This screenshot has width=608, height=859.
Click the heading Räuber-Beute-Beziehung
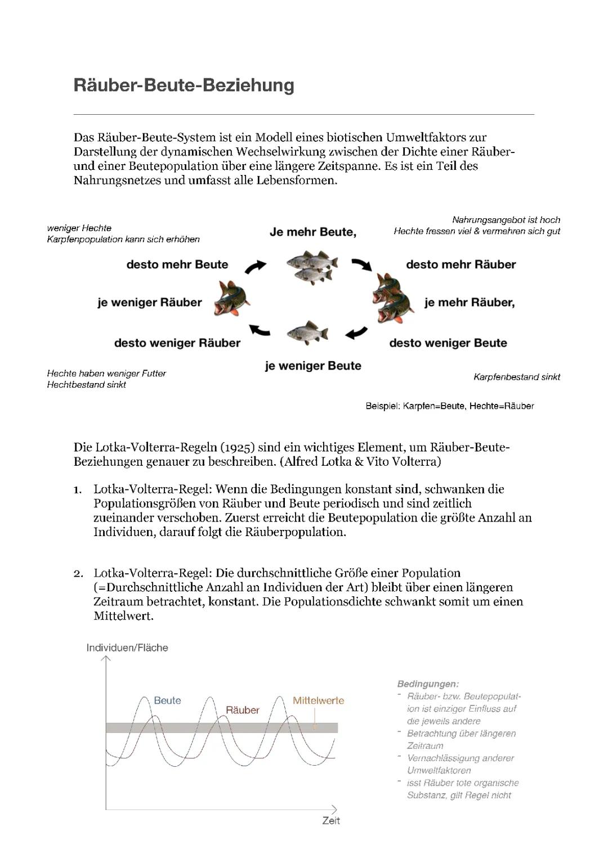pyautogui.click(x=184, y=86)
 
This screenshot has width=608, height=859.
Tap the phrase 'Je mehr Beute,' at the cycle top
pyautogui.click(x=312, y=232)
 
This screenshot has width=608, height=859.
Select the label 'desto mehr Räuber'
pyautogui.click(x=461, y=264)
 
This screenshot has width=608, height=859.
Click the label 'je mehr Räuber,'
pyautogui.click(x=470, y=303)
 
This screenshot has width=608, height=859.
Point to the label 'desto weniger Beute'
pyautogui.click(x=448, y=343)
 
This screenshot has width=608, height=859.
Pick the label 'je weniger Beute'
pyautogui.click(x=313, y=366)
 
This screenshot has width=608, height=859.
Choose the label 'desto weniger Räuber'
pyautogui.click(x=177, y=343)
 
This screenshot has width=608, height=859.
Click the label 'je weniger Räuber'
pyautogui.click(x=149, y=303)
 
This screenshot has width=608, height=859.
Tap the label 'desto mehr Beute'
pyautogui.click(x=177, y=264)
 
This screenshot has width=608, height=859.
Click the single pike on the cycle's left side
pyautogui.click(x=231, y=299)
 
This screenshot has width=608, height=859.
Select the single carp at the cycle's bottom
pyautogui.click(x=307, y=333)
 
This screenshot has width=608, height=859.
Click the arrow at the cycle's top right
pyautogui.click(x=361, y=264)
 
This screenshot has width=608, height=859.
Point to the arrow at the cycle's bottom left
pyautogui.click(x=260, y=331)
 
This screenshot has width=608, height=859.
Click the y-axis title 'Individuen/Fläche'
pyautogui.click(x=127, y=647)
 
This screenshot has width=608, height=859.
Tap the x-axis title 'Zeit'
pyautogui.click(x=331, y=821)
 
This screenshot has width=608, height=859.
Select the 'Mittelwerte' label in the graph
pyautogui.click(x=318, y=700)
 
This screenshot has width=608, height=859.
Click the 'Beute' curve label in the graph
pyautogui.click(x=167, y=700)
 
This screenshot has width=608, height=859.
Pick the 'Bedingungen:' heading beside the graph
pyautogui.click(x=428, y=684)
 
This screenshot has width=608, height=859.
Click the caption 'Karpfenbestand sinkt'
pyautogui.click(x=516, y=377)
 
